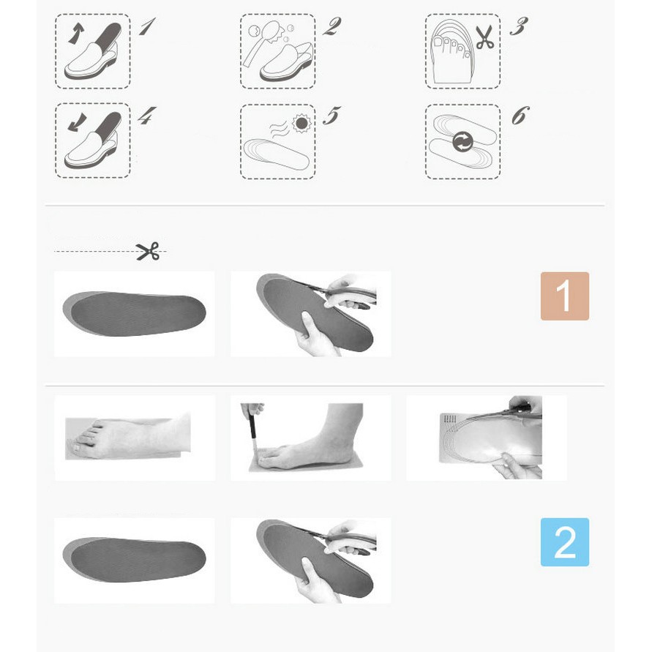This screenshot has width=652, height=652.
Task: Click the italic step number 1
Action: (x=147, y=28)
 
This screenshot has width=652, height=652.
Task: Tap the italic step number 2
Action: (x=331, y=28)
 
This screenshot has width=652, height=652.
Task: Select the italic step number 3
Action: (x=518, y=28)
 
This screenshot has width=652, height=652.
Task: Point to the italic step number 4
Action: (x=147, y=116)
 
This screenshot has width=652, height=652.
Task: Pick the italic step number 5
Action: (x=331, y=116)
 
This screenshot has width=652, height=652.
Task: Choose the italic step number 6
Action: (x=520, y=116)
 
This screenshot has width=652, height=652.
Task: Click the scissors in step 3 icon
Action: (x=484, y=37)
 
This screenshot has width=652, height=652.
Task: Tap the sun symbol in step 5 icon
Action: (x=301, y=123)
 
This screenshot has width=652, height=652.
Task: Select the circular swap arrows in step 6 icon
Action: (x=462, y=141)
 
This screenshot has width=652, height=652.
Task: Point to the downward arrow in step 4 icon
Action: (x=75, y=123)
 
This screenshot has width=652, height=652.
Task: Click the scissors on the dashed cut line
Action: (x=148, y=252)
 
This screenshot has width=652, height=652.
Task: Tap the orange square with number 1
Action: (x=564, y=296)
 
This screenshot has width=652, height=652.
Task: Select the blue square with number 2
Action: (x=564, y=542)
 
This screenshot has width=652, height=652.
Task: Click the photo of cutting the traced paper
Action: (x=487, y=438)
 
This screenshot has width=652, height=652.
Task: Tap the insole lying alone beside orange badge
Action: (x=134, y=314)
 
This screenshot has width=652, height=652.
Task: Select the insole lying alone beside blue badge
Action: (x=134, y=560)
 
